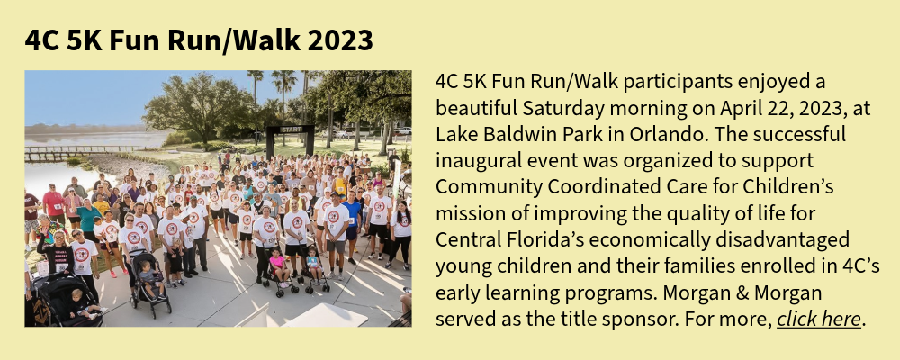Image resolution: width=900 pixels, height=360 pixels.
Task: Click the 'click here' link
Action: [x=819, y=319]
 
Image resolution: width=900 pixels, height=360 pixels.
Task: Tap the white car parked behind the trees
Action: [x=402, y=130]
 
